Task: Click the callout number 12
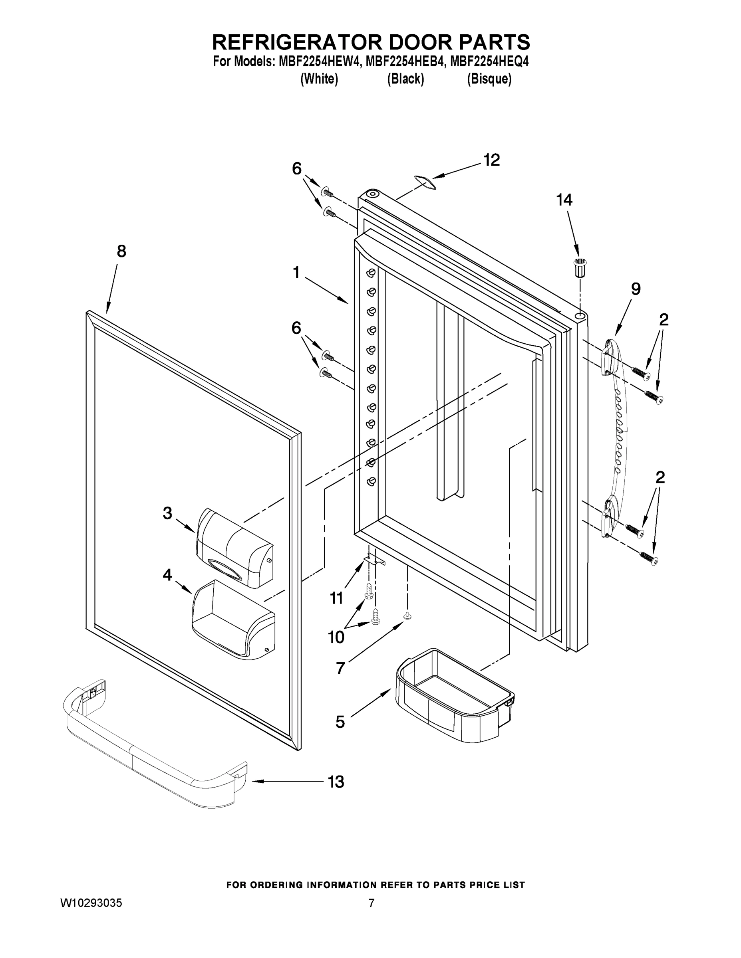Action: [x=491, y=160]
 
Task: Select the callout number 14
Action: [x=564, y=200]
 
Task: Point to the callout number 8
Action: [x=121, y=251]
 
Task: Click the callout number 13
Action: [x=336, y=782]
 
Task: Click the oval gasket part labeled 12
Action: [x=425, y=182]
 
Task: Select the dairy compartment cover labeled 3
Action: [x=234, y=548]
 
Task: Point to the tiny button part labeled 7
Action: [x=408, y=616]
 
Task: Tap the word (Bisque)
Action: [x=489, y=79]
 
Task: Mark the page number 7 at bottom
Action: [x=371, y=903]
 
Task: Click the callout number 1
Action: [x=296, y=273]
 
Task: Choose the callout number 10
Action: [x=336, y=637]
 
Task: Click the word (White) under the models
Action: [x=319, y=79]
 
